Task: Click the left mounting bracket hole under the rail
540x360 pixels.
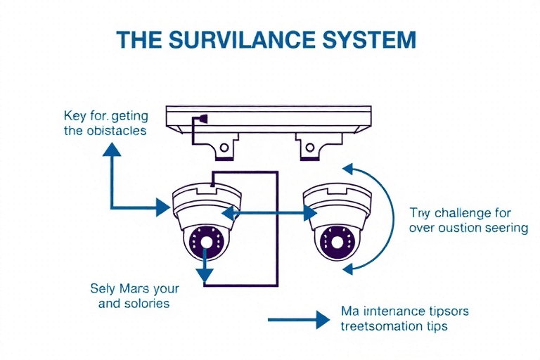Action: click(225, 148)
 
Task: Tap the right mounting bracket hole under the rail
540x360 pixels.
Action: click(307, 148)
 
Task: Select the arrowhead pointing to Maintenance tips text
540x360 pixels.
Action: click(323, 321)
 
